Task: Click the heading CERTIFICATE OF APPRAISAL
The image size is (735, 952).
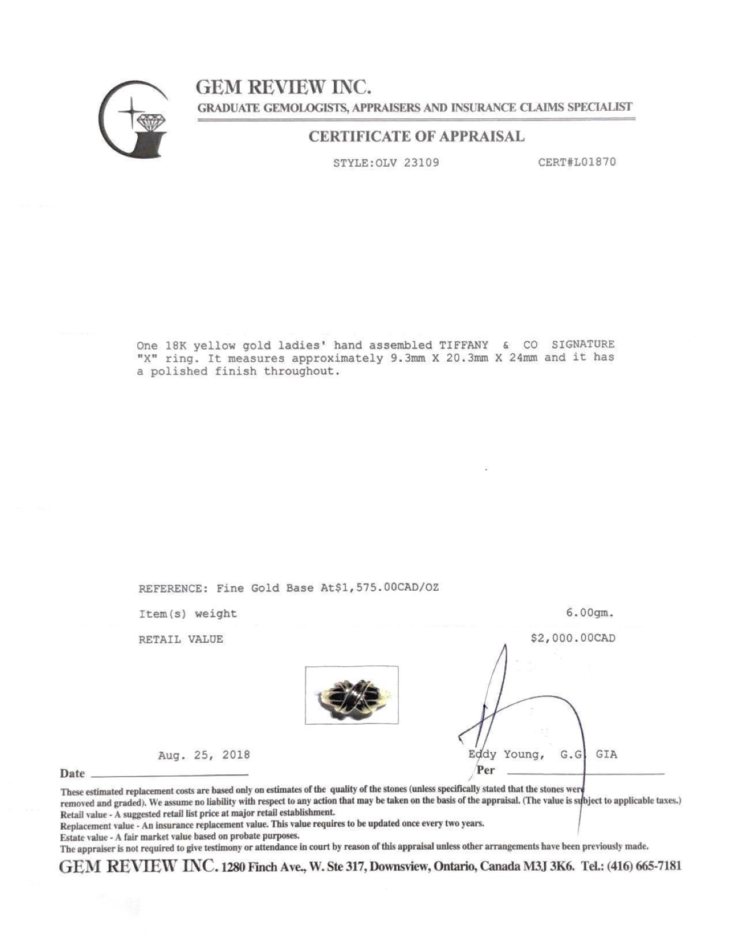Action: point(416,137)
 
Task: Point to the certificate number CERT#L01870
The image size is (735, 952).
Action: point(576,162)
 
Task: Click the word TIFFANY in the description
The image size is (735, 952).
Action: point(463,345)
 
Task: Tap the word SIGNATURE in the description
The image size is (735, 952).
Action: point(583,345)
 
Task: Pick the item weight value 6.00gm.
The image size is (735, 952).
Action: point(590,613)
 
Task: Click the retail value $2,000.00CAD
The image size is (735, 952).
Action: point(572,638)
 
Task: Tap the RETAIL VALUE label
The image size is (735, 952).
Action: point(180,639)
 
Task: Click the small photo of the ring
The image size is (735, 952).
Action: point(351,695)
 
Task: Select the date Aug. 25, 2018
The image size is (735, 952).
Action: point(204,755)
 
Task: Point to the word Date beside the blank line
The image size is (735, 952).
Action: point(72,773)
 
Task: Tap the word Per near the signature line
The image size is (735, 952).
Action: point(485,770)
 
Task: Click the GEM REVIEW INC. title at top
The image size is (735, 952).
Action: point(282,87)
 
